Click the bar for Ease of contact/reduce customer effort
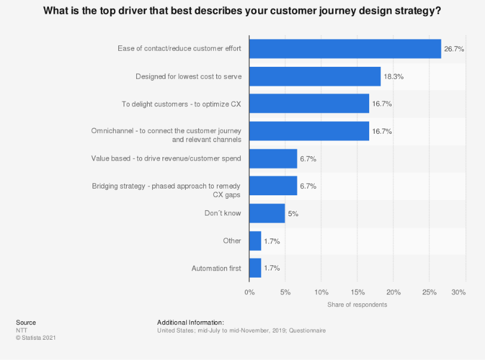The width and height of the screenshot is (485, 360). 345,49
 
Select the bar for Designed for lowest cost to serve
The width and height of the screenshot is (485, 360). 315,76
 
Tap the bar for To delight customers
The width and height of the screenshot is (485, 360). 309,104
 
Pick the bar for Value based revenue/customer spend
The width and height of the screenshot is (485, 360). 273,159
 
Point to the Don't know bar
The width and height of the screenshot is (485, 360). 267,213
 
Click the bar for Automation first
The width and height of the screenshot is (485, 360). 255,268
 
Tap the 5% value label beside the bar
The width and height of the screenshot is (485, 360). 293,213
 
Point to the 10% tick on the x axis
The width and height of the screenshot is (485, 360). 321,293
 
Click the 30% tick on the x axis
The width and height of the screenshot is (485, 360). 458,293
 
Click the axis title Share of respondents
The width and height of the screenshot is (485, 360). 357,305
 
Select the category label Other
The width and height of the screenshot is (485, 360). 232,241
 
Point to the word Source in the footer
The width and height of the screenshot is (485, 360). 26,322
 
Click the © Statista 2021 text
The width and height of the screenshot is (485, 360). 36,338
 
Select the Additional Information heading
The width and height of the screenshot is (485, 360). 190,322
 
